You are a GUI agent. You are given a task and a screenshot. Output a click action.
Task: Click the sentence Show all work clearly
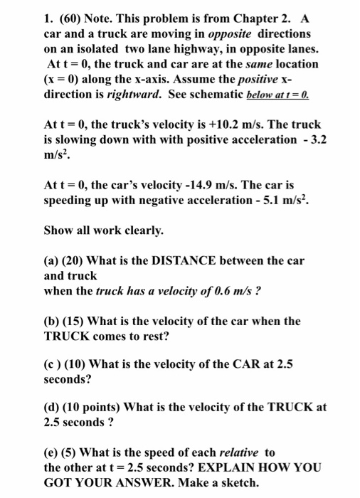pyautogui.click(x=104, y=231)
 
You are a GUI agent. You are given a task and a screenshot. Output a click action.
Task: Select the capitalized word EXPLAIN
pyautogui.click(x=235, y=467)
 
